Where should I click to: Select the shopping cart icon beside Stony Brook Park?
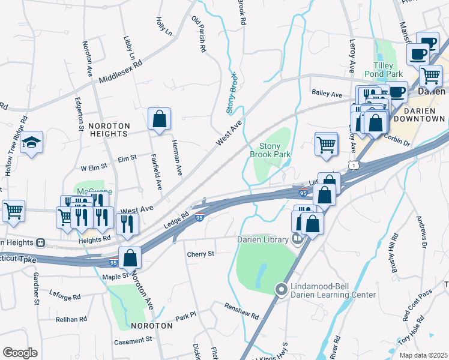[x=326, y=144]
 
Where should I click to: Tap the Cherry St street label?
[x=200, y=254]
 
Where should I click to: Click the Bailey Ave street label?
[x=327, y=94]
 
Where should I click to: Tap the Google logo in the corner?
[x=20, y=352]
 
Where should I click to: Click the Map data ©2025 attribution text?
[x=423, y=355]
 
